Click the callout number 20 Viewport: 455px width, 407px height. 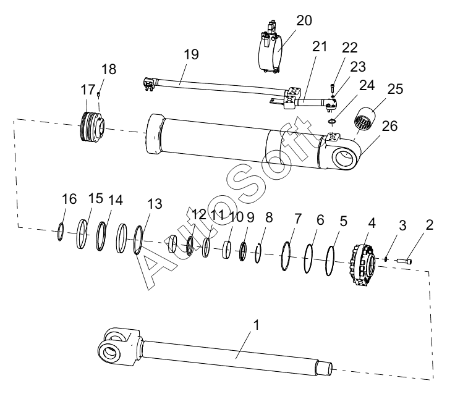pos(304,20)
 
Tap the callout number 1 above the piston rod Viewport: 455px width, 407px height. pos(256,325)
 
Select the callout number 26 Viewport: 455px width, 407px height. pos(389,126)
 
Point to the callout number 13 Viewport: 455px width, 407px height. pos(155,204)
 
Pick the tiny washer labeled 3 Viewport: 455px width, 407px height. pos(386,259)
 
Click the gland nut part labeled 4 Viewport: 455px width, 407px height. pos(364,265)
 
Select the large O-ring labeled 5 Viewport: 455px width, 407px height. pos(330,261)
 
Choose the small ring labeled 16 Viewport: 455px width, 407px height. pos(60,232)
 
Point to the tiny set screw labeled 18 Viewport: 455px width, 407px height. pos(99,94)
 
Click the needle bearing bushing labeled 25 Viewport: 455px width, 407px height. pos(365,120)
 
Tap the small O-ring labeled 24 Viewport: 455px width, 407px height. pos(333,121)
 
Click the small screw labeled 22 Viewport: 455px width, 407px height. pos(333,87)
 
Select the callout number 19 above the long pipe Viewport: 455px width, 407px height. pos(191,54)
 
